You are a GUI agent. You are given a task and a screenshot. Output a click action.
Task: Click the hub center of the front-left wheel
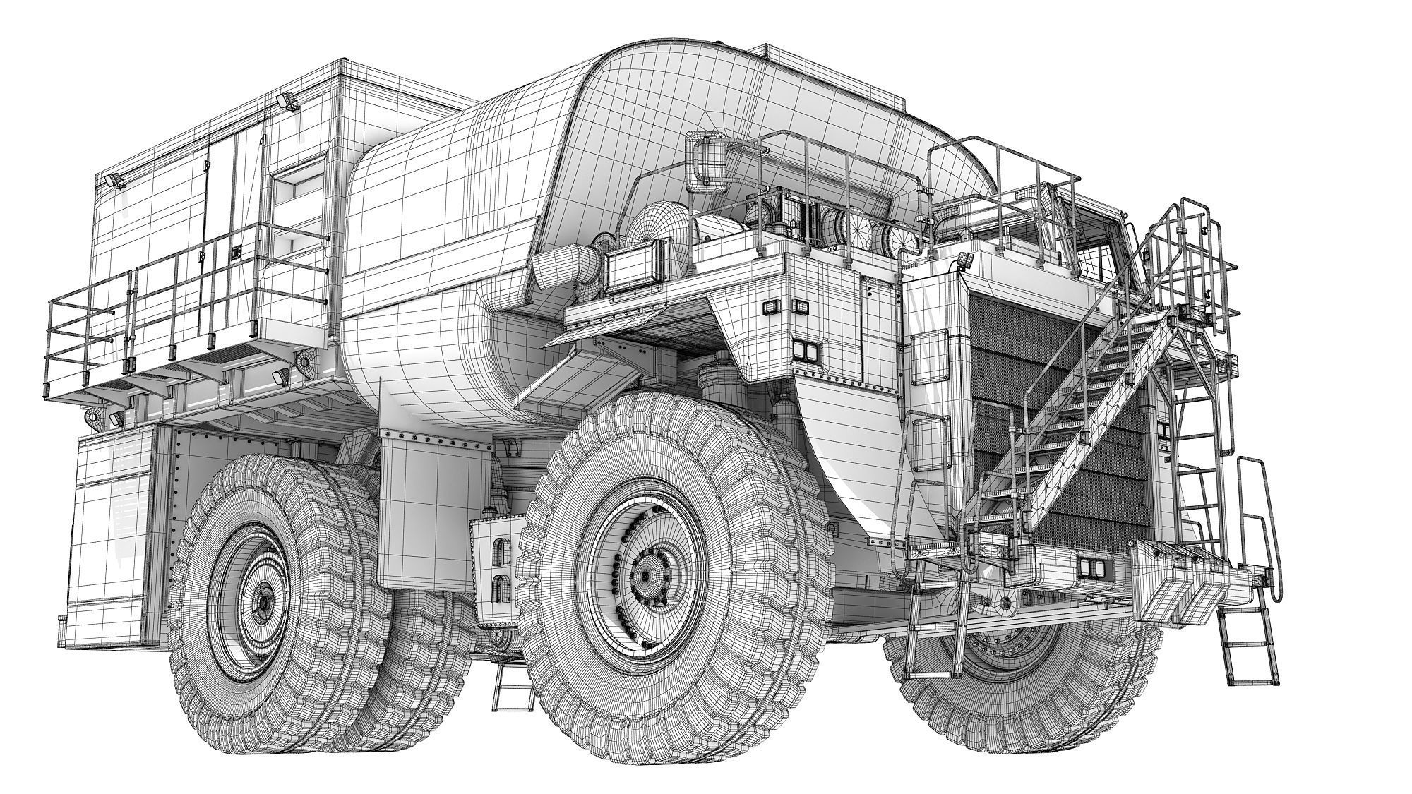644,575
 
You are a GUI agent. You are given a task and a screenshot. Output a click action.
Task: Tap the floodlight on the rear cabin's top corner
288,102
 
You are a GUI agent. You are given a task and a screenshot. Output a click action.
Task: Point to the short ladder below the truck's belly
512,688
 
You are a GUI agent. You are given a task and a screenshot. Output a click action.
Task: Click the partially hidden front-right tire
1024,678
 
